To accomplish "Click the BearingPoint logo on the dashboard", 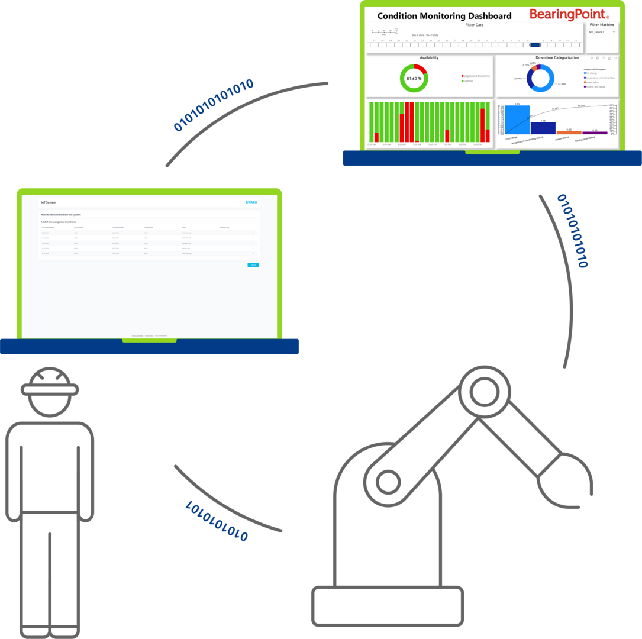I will [569, 14].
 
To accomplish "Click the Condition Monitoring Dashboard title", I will [444, 16].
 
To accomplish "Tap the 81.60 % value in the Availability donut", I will [414, 78].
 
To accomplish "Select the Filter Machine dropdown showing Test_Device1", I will [602, 32].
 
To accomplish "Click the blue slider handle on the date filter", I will [535, 44].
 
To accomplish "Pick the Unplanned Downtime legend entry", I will [476, 76].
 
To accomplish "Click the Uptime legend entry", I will [468, 81].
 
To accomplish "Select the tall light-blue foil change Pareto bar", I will [517, 120].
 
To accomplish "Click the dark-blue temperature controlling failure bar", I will [543, 128].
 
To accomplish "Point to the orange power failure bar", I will [569, 133].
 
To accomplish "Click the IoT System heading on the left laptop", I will [49, 202].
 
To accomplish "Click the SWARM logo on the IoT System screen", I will [251, 202].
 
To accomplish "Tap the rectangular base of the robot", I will [388, 606].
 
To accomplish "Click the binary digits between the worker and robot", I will [216, 521].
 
